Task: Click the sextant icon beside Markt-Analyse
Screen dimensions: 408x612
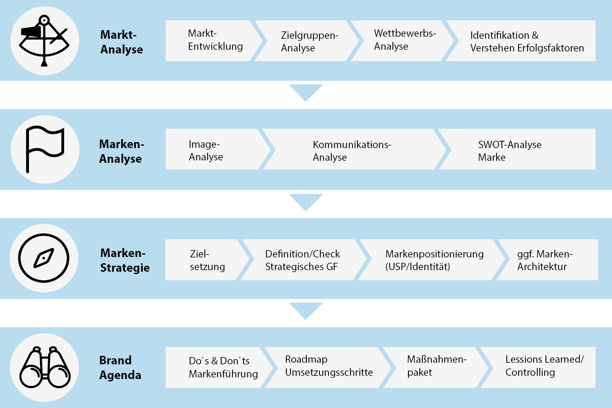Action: [44, 41]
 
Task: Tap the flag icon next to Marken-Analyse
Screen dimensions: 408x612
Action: [44, 149]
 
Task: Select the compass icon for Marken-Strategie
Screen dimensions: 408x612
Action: [44, 258]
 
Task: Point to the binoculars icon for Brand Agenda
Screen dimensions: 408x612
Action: [45, 367]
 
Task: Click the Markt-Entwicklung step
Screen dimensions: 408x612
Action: [215, 40]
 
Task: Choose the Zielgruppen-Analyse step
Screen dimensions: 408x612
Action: [309, 41]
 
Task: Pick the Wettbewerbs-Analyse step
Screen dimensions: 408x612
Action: [404, 40]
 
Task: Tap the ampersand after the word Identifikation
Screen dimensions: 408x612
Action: [535, 35]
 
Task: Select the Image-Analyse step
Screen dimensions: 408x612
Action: [206, 151]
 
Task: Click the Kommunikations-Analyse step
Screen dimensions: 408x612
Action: [351, 151]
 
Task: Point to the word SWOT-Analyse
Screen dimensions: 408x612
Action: [510, 145]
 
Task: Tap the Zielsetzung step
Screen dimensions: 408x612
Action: [207, 260]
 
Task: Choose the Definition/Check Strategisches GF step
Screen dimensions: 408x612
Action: [302, 260]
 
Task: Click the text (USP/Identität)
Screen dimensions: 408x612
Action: [417, 267]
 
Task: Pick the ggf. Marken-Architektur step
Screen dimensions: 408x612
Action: [544, 260]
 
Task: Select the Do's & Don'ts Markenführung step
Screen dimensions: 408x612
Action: [223, 367]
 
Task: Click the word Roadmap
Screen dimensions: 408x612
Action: [306, 359]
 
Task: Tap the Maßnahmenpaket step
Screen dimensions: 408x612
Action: [436, 366]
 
